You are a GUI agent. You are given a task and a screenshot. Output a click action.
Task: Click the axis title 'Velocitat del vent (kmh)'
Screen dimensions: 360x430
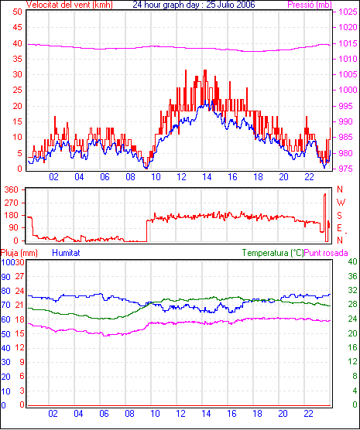click(x=69, y=5)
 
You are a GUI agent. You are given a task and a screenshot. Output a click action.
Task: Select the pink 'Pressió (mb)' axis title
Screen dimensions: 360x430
click(x=310, y=5)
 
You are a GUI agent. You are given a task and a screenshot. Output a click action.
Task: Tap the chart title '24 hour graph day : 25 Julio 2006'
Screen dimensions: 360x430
click(x=194, y=5)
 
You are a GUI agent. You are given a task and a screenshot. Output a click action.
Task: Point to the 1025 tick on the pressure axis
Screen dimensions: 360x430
click(x=348, y=12)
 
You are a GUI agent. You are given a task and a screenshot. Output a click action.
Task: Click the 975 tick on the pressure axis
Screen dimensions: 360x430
click(x=348, y=169)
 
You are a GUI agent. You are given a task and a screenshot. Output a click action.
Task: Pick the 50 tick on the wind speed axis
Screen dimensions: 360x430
click(x=17, y=12)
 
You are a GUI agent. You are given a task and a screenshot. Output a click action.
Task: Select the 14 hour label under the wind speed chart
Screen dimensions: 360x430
click(x=207, y=177)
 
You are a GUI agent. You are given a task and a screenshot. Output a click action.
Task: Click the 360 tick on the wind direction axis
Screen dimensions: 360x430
click(x=12, y=189)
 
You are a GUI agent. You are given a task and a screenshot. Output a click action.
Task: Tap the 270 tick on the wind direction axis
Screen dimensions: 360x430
click(x=12, y=203)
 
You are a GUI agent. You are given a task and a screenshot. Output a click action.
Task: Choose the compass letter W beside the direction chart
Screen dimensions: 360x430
click(x=341, y=203)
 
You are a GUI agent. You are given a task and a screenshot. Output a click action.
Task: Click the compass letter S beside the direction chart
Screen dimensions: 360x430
click(x=340, y=216)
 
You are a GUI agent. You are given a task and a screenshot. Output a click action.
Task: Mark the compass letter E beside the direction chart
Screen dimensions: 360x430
click(x=339, y=228)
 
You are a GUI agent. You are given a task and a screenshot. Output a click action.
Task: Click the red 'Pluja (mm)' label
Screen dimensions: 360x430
click(x=19, y=253)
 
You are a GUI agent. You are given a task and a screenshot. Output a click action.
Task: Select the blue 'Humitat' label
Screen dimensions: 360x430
click(x=66, y=253)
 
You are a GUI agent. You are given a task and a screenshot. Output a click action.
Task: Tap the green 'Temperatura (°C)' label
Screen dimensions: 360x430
click(x=273, y=253)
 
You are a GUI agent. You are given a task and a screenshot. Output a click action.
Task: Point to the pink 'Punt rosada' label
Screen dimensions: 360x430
click(x=326, y=253)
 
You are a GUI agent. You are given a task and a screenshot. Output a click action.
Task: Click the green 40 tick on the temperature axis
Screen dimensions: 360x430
click(x=352, y=261)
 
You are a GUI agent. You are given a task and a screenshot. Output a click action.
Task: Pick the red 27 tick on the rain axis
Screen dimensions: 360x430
click(x=19, y=276)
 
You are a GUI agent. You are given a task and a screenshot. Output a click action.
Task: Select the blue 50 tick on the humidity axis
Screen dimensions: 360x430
click(x=5, y=334)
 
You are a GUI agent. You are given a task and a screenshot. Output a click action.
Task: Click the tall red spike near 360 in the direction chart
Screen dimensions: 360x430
click(x=325, y=217)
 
